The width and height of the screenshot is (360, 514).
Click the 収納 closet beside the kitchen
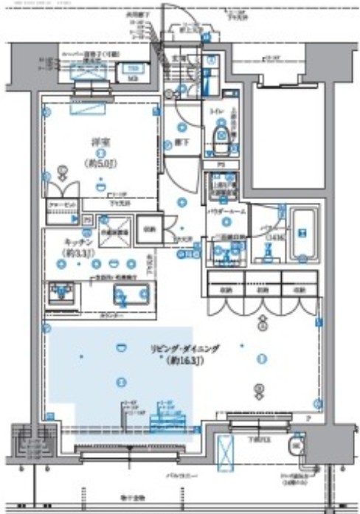(x=148, y=229)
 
